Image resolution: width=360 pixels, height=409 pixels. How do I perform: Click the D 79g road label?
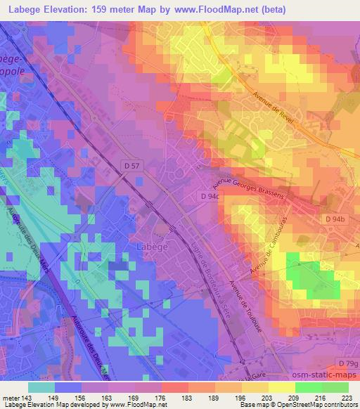347,363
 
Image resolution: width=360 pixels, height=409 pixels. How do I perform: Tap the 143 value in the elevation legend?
27,397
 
